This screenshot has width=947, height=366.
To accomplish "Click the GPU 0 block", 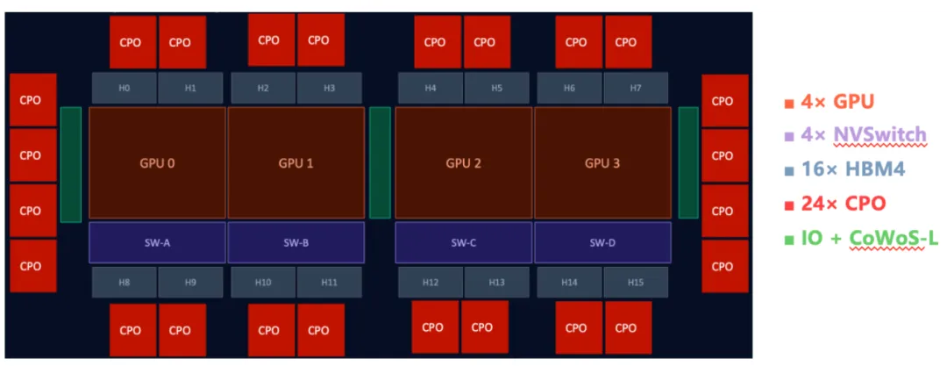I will [x=158, y=163].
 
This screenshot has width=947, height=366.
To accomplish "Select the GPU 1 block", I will [x=296, y=163].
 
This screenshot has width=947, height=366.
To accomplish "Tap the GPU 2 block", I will [x=463, y=163].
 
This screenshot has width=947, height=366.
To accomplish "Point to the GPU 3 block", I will [x=602, y=163].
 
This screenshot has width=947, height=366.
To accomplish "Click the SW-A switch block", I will [x=158, y=242].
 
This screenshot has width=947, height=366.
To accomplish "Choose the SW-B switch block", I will [x=296, y=242].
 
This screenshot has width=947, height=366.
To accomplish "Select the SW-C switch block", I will [x=463, y=242].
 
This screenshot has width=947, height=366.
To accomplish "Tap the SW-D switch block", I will [x=602, y=242].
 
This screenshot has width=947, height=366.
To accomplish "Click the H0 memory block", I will [x=125, y=89].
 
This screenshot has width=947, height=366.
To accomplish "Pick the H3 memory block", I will [x=329, y=89].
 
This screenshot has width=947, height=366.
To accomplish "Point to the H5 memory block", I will [x=496, y=89].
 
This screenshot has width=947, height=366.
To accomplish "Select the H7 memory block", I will [x=635, y=89].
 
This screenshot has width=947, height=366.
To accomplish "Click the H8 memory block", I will [x=125, y=283].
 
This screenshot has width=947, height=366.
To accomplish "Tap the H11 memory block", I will [x=329, y=283].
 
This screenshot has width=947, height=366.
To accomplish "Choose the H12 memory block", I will [x=431, y=283].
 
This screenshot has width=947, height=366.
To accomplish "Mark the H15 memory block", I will [x=635, y=283].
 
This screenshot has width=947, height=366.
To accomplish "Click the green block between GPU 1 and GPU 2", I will [x=380, y=163].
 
